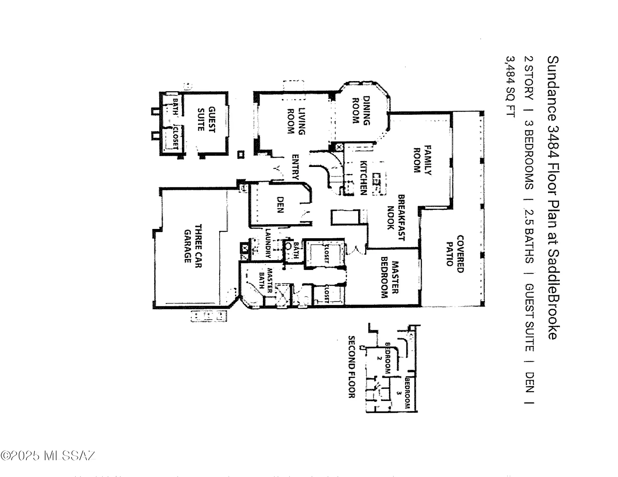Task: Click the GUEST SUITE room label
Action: click(206, 119)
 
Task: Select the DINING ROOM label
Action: click(361, 110)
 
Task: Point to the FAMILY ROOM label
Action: click(423, 160)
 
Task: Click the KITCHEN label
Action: click(364, 178)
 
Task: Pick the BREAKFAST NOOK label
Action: click(396, 218)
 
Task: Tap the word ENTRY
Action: click(295, 167)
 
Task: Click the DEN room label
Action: click(280, 204)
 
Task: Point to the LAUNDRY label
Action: click(268, 243)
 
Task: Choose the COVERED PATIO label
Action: click(455, 254)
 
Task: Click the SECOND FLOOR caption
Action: click(352, 367)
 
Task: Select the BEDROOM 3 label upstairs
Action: click(403, 393)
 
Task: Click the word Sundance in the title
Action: click(553, 89)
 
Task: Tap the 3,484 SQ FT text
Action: click(510, 86)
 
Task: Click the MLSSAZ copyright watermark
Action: click(48, 455)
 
